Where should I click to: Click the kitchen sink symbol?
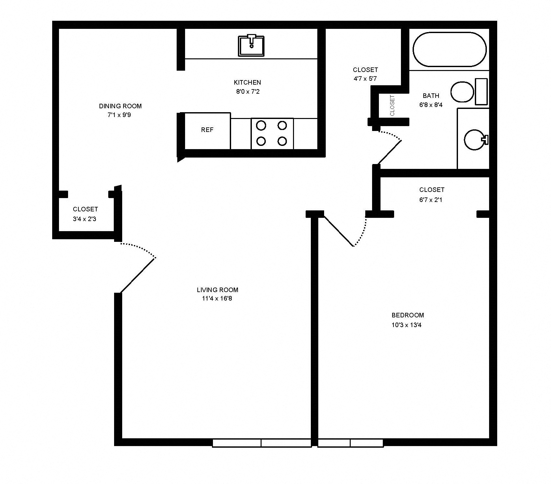tap(251, 45)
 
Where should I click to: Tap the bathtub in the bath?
tap(450, 50)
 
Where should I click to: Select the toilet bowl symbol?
tap(462, 92)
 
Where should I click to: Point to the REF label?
tap(207, 130)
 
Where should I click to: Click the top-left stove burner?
tap(261, 125)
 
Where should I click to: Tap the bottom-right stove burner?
tap(282, 141)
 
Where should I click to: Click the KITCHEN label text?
tap(247, 82)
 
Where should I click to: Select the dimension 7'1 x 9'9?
tap(119, 115)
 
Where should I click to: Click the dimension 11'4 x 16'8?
tap(217, 298)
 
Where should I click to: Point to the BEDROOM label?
tap(407, 315)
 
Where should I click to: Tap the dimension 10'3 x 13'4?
tap(406, 325)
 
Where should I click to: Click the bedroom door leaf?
tap(338, 231)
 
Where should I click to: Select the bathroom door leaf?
tap(390, 152)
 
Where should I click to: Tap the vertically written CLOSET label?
tap(393, 105)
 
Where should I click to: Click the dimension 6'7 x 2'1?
tap(431, 200)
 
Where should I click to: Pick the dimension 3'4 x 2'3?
tap(84, 219)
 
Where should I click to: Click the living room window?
tap(261, 443)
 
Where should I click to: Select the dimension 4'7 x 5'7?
tap(365, 78)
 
